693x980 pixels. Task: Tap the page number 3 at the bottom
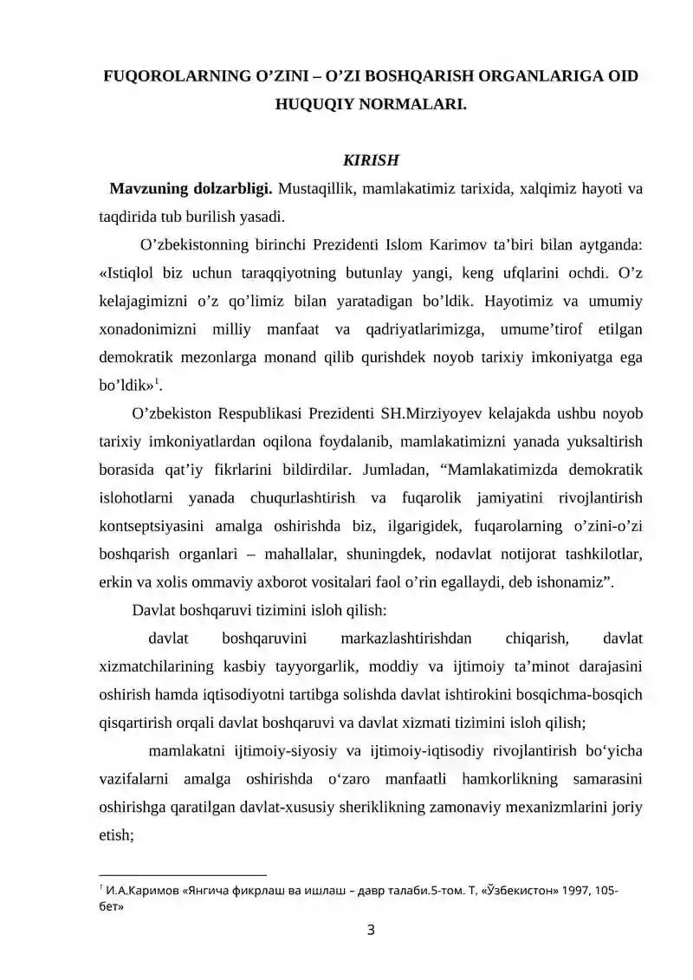point(372,931)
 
